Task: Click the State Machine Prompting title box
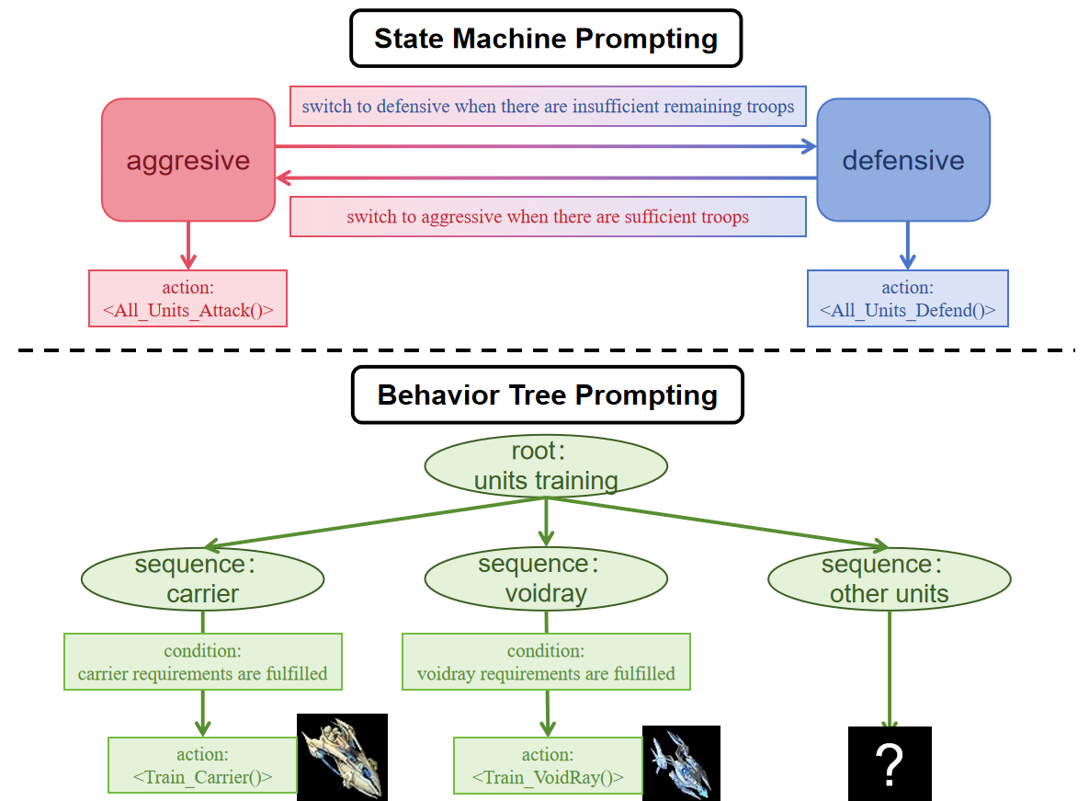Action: coord(546,39)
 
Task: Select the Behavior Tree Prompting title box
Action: coord(547,395)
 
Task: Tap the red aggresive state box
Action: coord(188,160)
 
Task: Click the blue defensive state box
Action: coord(903,160)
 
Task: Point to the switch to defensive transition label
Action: coord(548,107)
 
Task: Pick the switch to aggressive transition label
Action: coord(548,217)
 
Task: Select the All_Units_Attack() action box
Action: coord(187,298)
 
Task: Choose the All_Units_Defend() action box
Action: coord(907,298)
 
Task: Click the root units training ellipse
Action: coord(546,466)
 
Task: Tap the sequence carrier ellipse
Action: coord(203,579)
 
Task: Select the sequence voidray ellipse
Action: coord(546,579)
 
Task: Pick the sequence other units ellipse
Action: coord(889,579)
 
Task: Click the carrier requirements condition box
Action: coord(202,662)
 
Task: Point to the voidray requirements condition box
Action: coord(546,662)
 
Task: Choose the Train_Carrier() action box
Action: coord(202,765)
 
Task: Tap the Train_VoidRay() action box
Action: coord(548,765)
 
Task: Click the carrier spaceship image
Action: coord(342,757)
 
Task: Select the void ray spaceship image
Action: coord(681,763)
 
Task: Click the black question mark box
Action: coord(890,763)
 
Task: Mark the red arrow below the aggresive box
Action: coord(187,245)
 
